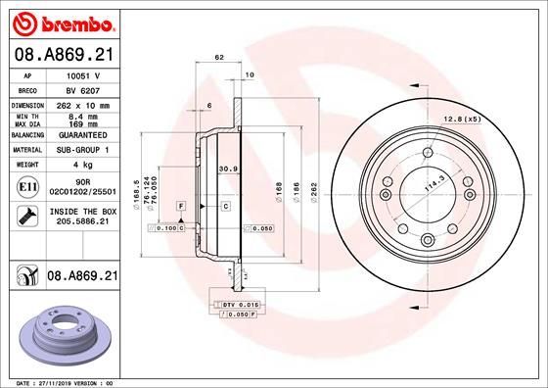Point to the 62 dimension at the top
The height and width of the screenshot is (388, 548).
(x=219, y=60)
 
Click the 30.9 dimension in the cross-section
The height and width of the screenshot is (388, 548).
(x=228, y=169)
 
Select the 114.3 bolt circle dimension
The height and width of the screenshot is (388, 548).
(x=427, y=182)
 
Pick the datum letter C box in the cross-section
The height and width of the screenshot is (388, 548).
(x=224, y=206)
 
